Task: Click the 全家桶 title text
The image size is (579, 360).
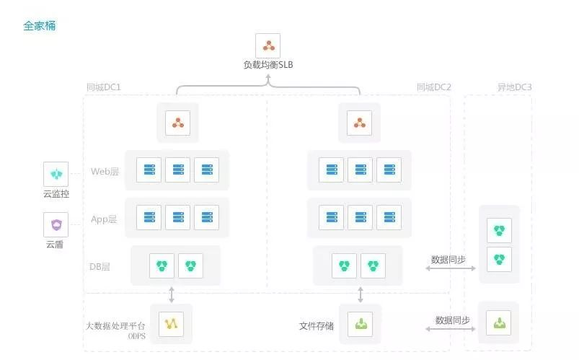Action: [x=40, y=26]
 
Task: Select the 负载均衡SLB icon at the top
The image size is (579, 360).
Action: [x=268, y=46]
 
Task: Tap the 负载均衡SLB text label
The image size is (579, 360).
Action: [x=268, y=65]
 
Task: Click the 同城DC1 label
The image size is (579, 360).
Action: [x=103, y=87]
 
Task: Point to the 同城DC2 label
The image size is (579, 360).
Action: [x=433, y=87]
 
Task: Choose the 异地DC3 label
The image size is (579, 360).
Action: [x=514, y=87]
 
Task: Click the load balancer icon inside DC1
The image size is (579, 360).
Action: [x=177, y=122]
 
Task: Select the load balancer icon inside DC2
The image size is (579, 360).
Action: [x=359, y=122]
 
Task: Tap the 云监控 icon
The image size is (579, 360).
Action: [x=56, y=175]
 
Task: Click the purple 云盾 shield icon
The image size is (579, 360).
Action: [x=56, y=225]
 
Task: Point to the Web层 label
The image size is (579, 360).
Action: [x=105, y=172]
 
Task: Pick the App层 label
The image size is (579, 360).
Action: [x=104, y=219]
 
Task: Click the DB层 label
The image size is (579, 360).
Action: [x=100, y=267]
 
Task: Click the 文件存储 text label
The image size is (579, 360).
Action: [x=317, y=326]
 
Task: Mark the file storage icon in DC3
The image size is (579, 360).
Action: [x=499, y=322]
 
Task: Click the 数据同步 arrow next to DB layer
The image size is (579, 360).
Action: [x=451, y=268]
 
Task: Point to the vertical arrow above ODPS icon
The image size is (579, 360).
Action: [x=172, y=294]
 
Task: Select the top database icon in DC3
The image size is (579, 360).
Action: [x=499, y=231]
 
